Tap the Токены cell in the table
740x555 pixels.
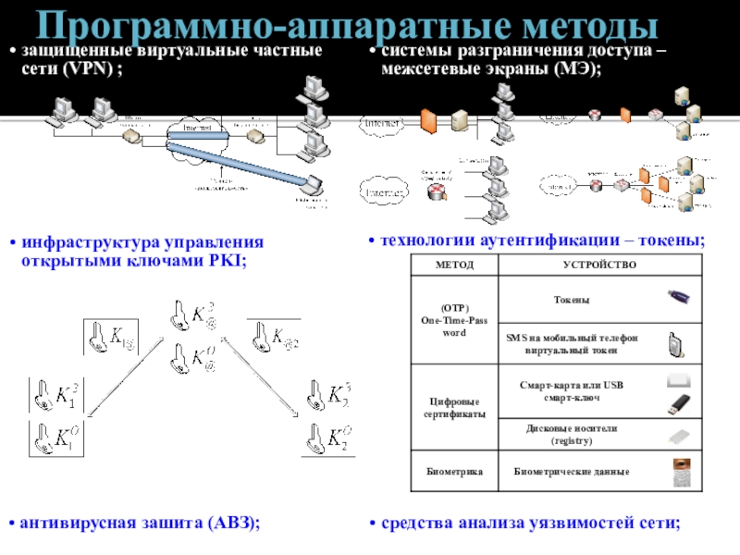click(x=571, y=301)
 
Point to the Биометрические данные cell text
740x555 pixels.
click(x=572, y=472)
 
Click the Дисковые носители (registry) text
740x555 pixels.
click(x=571, y=436)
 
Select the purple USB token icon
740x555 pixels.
click(x=678, y=297)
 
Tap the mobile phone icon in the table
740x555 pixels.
click(x=676, y=345)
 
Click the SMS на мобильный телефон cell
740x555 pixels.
click(x=571, y=339)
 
